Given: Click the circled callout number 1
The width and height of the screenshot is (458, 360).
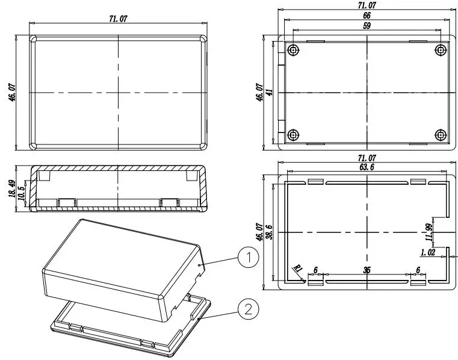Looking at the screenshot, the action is coord(249,258).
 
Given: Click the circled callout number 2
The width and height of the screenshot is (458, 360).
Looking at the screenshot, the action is coord(249,309).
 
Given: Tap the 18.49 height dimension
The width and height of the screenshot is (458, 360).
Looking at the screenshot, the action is coord(12,188).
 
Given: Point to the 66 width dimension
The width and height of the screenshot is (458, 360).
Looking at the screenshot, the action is coord(367,16).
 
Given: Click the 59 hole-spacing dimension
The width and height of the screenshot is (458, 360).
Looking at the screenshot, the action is coord(367,26).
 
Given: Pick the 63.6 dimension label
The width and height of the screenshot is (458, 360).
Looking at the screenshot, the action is coord(367,167).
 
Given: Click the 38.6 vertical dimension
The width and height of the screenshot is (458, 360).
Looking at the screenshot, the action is coord(270,232).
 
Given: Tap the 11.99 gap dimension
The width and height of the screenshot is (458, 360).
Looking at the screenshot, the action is coord(429,232).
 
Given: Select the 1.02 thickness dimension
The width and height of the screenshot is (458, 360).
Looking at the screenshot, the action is coord(428,252).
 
